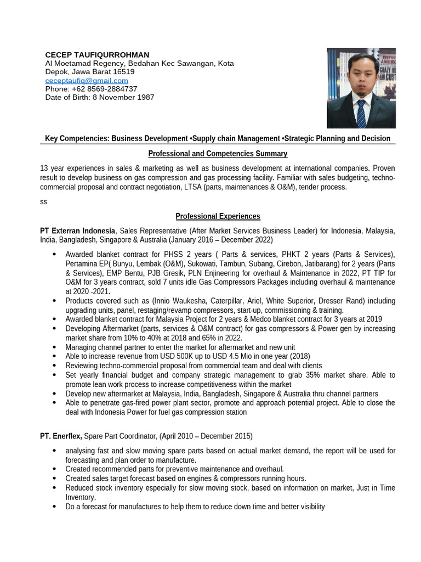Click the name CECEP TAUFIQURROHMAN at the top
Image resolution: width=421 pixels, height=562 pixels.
[96, 55]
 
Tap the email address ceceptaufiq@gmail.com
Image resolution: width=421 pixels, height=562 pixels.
[86, 80]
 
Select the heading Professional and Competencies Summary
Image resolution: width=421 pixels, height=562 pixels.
[218, 154]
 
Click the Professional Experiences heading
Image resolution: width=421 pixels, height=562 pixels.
[218, 216]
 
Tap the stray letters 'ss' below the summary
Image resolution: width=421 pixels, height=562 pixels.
[43, 201]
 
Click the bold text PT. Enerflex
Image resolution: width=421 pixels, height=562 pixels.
[61, 436]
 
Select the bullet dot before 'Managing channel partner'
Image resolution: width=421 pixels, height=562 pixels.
[54, 347]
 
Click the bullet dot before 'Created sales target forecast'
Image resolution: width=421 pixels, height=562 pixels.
[54, 478]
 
